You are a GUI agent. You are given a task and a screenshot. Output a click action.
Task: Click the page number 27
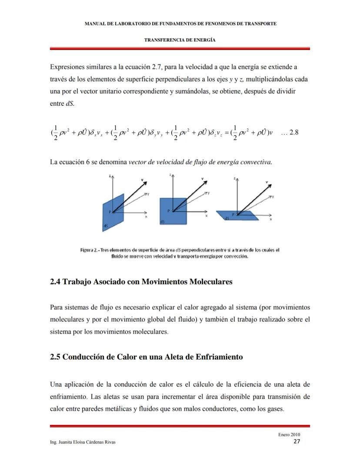pos(297,442)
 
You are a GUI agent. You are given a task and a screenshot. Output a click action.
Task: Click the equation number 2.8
pos(294,133)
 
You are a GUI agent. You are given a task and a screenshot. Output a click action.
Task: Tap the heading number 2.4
pos(55,282)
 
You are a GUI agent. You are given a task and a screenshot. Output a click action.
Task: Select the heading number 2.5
pos(55,357)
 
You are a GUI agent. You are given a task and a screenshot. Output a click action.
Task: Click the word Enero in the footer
pos(283,435)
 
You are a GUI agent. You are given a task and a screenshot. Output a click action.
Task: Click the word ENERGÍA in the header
pos(205,40)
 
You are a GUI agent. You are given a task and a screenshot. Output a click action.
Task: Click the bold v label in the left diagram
pos(142,179)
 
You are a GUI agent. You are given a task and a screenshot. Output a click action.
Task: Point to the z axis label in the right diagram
pos(235,178)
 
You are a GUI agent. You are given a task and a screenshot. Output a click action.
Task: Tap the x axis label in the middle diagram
pos(207,216)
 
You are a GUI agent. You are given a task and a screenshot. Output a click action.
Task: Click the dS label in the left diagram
pos(106,226)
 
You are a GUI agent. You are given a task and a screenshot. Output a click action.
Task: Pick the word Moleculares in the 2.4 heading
pos(211,282)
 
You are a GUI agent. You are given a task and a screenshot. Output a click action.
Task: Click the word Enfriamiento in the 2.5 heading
pos(218,357)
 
